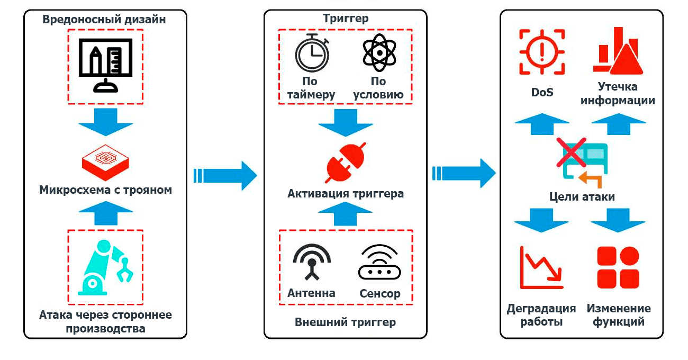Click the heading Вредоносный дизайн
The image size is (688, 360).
(104, 20)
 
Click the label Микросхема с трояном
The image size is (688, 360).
(105, 190)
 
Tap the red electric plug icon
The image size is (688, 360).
(345, 164)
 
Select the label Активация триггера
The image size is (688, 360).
(345, 193)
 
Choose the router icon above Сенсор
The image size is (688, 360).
(379, 264)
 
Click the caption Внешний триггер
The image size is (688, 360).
(345, 322)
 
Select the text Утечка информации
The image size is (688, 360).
(618, 93)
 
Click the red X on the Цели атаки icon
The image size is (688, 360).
(571, 152)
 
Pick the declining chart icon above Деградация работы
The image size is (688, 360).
(541, 267)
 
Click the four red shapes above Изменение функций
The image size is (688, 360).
(618, 267)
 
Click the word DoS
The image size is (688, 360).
(542, 92)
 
